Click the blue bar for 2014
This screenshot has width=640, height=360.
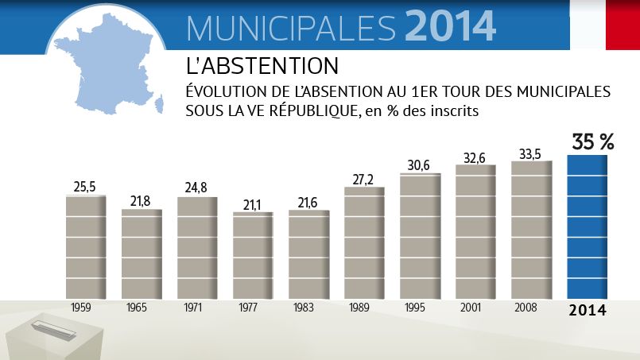point(587,226)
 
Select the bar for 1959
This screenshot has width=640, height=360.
point(86,246)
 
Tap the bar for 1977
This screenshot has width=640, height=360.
point(253,254)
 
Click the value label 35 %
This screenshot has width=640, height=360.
point(593,142)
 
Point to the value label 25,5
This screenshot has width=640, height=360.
point(85,187)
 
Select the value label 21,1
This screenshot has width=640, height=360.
point(252,205)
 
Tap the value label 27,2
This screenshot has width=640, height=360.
point(363,178)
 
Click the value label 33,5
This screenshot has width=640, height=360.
point(530,153)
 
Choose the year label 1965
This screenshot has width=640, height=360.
point(141,308)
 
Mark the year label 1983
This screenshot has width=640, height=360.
point(308,308)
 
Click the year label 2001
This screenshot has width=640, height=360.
point(475,308)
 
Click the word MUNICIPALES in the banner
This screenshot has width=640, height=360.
point(291,27)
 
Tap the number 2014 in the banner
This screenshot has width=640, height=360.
point(450,25)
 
